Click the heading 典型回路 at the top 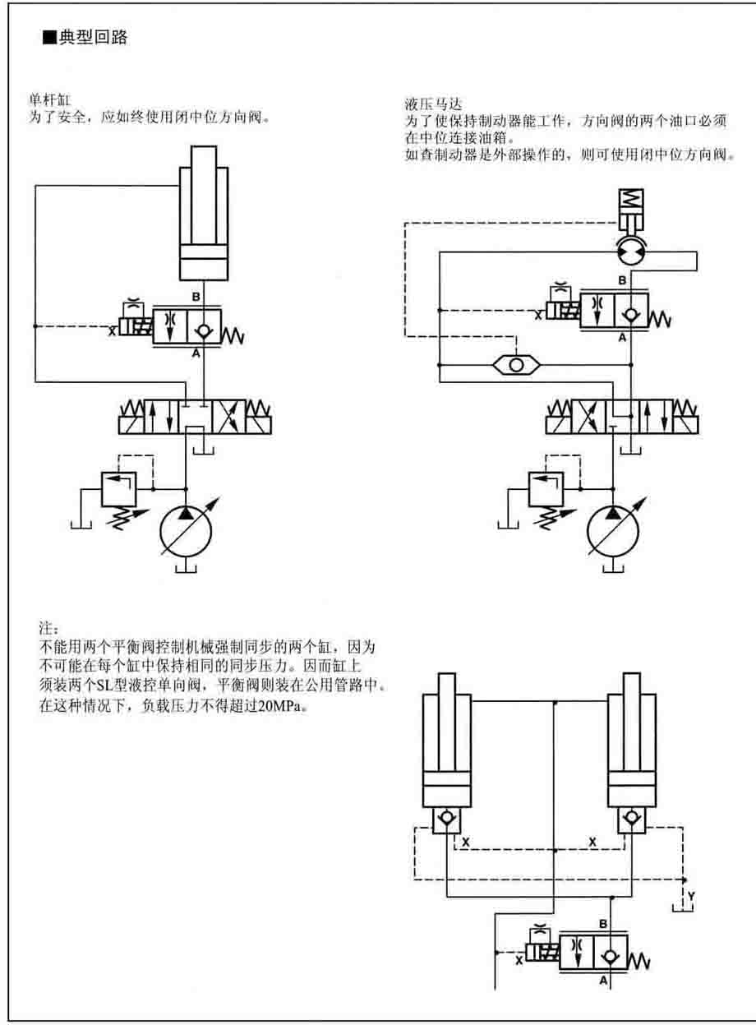[93, 38]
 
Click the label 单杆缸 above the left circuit [44, 101]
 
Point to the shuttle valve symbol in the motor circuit [515, 364]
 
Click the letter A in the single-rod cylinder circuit [196, 354]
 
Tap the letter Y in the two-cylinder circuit [691, 895]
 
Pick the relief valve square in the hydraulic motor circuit [545, 489]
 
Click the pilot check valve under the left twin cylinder [446, 819]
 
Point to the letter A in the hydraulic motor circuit [622, 337]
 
